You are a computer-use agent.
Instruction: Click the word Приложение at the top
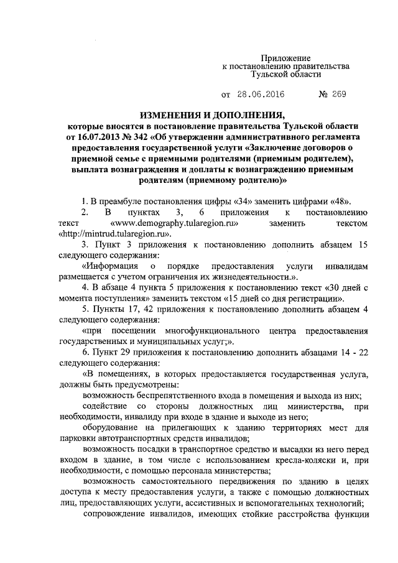285,57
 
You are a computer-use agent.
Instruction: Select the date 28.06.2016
262,95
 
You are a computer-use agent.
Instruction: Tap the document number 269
337,95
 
